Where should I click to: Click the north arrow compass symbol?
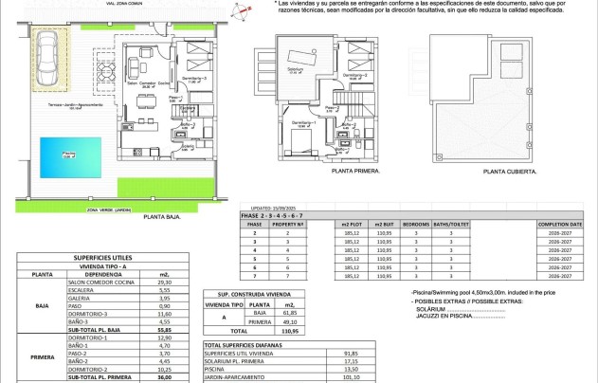point(246,12)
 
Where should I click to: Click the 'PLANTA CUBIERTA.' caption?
point(509,173)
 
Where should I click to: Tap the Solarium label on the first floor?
point(297,69)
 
